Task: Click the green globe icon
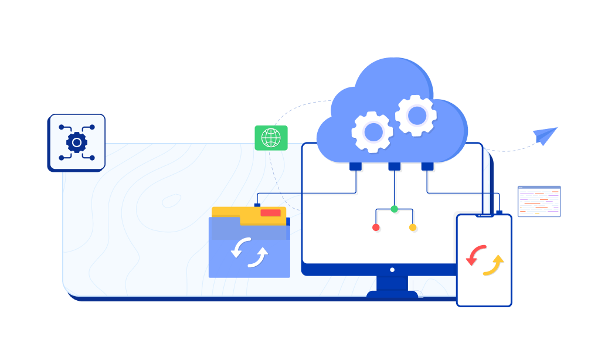pyautogui.click(x=271, y=138)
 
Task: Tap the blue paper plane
pyautogui.click(x=545, y=135)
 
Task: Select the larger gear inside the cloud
pyautogui.click(x=416, y=116)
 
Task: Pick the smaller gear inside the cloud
pyautogui.click(x=372, y=132)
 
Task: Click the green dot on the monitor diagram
pyautogui.click(x=394, y=209)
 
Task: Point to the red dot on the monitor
pyautogui.click(x=376, y=227)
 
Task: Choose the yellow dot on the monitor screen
pyautogui.click(x=413, y=227)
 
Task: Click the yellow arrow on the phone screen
pyautogui.click(x=494, y=266)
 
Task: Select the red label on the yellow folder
pyautogui.click(x=270, y=213)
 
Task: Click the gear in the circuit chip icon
pyautogui.click(x=77, y=142)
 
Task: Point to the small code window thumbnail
pyautogui.click(x=539, y=202)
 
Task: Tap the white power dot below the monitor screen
pyautogui.click(x=392, y=270)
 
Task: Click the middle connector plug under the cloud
pyautogui.click(x=394, y=167)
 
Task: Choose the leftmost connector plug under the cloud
pyautogui.click(x=355, y=167)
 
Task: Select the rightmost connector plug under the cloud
pyautogui.click(x=427, y=167)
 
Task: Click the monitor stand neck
pyautogui.click(x=392, y=283)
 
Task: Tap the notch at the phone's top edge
pyautogui.click(x=484, y=215)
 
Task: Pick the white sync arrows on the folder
pyautogui.click(x=249, y=252)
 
